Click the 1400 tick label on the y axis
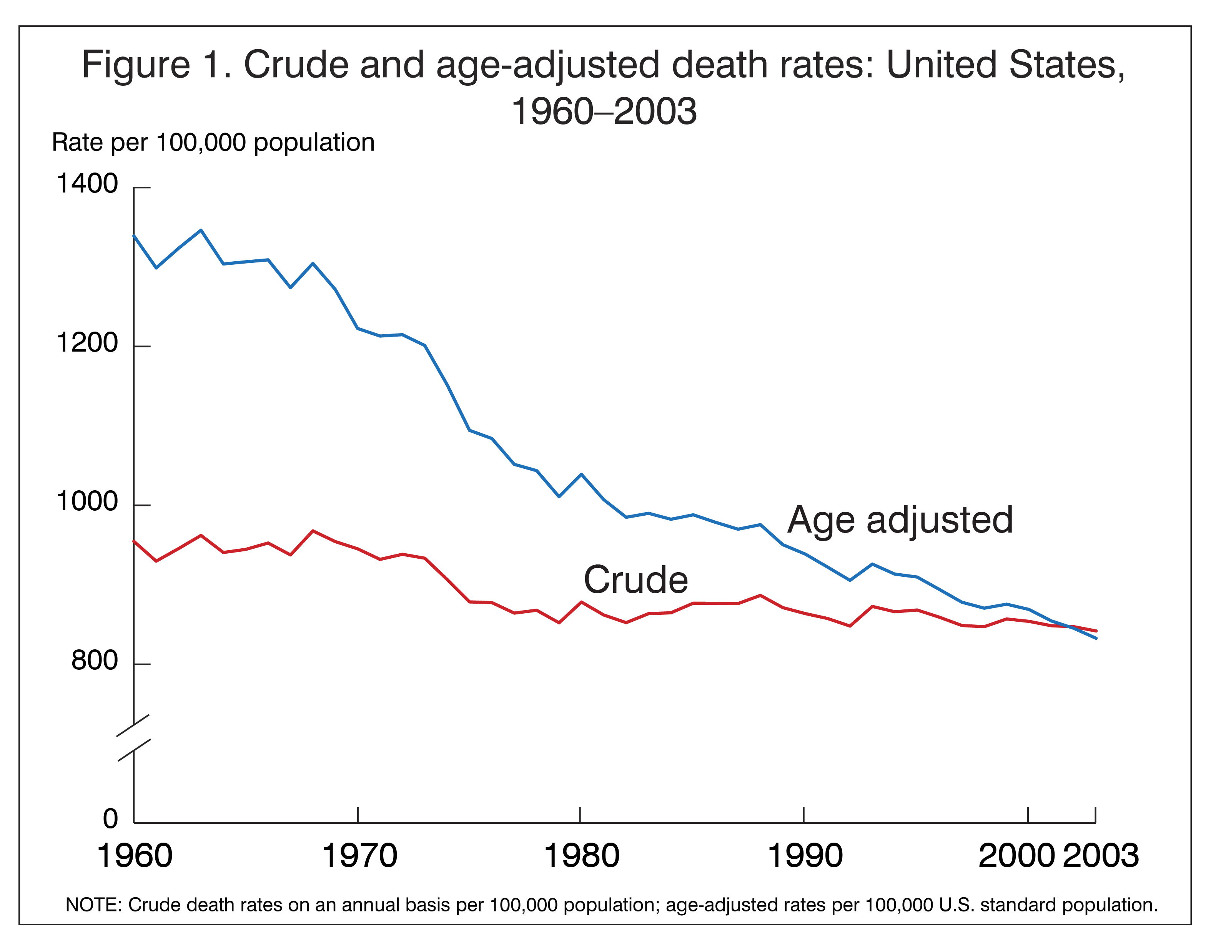87,184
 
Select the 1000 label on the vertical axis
87,502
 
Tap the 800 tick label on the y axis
95,661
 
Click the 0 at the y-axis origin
110,818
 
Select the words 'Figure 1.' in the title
156,65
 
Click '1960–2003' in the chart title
604,111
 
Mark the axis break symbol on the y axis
134,738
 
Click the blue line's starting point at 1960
134,236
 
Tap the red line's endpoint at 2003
1096,631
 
